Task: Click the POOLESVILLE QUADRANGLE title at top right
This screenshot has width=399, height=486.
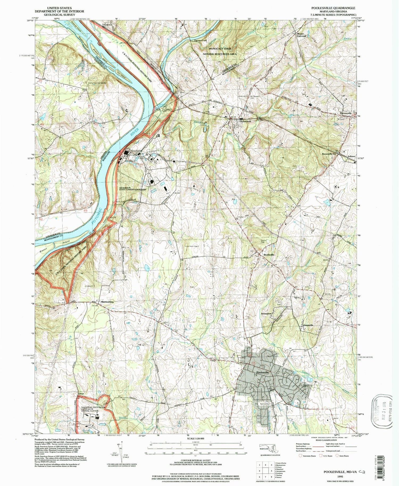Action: (x=337, y=8)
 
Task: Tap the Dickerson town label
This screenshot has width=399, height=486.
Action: (x=245, y=121)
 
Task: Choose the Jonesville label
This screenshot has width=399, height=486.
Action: (x=308, y=325)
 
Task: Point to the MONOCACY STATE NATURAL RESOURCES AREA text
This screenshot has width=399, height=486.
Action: (x=220, y=51)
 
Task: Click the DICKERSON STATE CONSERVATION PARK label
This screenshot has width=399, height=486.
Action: (x=133, y=189)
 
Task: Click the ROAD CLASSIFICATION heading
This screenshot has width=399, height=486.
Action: (x=324, y=440)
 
